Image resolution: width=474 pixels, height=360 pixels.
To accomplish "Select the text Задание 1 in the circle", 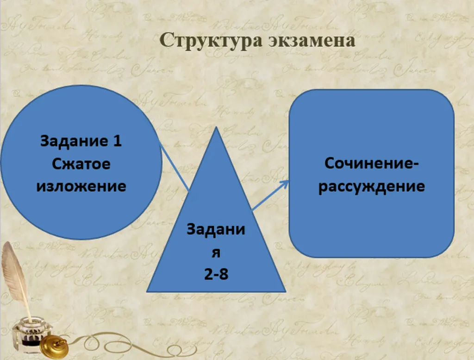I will click(81, 141).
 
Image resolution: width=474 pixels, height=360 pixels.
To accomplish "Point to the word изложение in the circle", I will click(81, 186).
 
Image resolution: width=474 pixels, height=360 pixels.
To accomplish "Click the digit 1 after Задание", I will click(117, 141).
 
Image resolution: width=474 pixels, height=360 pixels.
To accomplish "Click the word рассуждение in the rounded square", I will click(371, 187).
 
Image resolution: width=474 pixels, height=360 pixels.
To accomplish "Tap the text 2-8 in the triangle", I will click(216, 274).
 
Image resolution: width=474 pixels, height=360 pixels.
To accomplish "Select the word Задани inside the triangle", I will click(216, 229).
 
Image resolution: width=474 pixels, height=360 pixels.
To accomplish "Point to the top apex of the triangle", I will click(216, 128).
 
